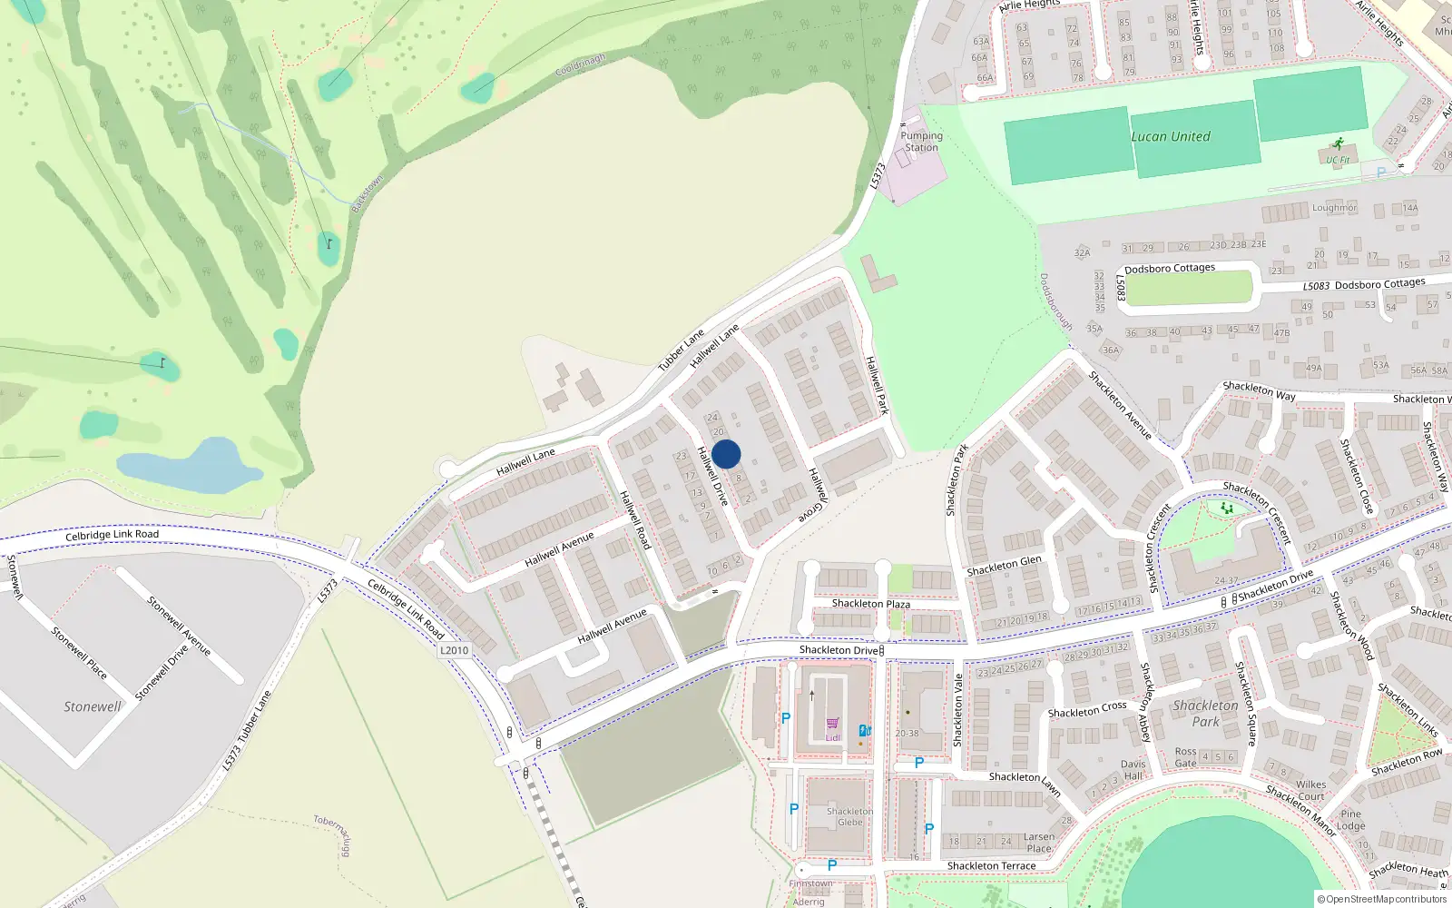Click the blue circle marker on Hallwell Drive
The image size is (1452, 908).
coord(726,454)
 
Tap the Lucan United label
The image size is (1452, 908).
coord(1171,137)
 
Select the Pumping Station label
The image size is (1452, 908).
coord(921,142)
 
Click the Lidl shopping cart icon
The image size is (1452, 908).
coord(833,724)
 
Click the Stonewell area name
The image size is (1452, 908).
coord(92,706)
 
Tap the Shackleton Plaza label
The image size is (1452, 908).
coord(870,604)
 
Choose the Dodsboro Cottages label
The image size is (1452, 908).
coord(1169,269)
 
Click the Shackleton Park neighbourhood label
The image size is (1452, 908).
coord(1205,713)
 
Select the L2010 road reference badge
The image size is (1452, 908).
coord(454,650)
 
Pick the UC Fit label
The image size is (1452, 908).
coord(1338,160)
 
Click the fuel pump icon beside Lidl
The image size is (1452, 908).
coord(865,730)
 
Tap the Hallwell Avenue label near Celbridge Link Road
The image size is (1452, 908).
coord(613,626)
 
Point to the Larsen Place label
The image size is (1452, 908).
coord(1039,843)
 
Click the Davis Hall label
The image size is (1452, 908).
coord(1133,770)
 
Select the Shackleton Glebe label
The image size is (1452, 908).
coord(849,816)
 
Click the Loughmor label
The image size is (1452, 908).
coord(1334,208)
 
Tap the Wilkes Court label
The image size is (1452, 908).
coord(1310,790)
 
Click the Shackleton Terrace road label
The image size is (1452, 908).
coord(991,866)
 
